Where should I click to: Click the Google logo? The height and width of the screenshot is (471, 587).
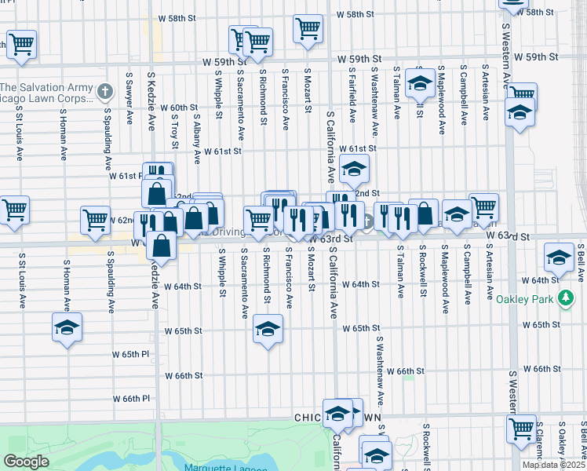click(x=26, y=462)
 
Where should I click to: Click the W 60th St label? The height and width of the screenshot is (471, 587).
click(x=178, y=108)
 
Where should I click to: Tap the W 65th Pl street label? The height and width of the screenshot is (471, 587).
click(x=140, y=354)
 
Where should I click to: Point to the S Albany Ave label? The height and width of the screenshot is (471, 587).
click(x=195, y=137)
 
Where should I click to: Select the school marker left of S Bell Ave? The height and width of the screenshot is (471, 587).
click(x=559, y=257)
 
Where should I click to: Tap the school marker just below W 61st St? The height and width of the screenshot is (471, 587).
click(x=354, y=167)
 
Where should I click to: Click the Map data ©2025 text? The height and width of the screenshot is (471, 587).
click(x=553, y=465)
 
